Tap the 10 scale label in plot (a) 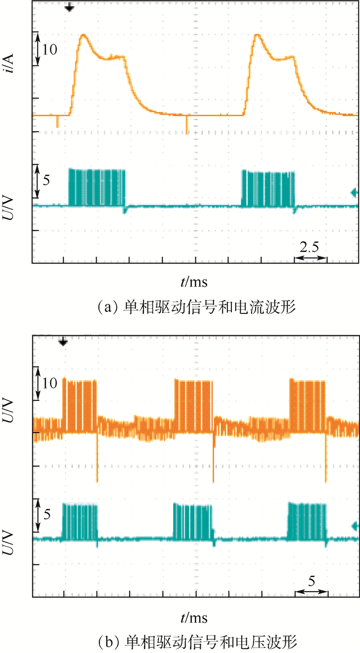[x=50, y=49]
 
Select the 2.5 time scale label [x=310, y=246]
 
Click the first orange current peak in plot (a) [x=82, y=36]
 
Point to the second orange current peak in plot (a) [x=257, y=36]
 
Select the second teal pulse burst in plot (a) [x=268, y=188]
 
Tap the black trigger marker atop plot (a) [x=70, y=8]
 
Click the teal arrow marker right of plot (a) [x=354, y=192]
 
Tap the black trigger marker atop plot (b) [x=63, y=342]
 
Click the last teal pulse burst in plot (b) [x=307, y=521]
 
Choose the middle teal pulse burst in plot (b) [x=193, y=521]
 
